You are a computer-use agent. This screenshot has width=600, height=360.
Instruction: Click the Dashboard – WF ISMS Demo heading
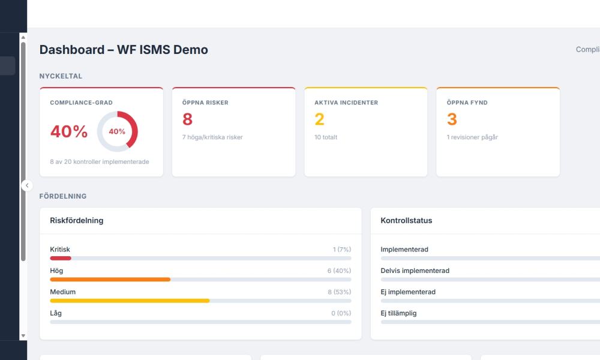(x=124, y=50)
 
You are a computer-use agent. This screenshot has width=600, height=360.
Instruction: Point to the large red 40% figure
(x=68, y=132)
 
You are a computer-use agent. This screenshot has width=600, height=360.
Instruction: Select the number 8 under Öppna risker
(x=187, y=119)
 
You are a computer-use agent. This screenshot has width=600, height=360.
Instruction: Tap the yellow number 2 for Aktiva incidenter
(x=319, y=119)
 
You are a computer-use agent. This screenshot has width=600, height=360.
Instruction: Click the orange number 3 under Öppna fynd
(x=452, y=119)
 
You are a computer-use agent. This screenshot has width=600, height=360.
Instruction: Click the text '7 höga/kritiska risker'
(x=212, y=137)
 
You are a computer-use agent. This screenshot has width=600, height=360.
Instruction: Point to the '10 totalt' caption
(x=326, y=137)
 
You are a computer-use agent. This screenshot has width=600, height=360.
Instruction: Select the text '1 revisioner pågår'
(x=472, y=137)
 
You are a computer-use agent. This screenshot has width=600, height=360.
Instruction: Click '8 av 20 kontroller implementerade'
(x=100, y=162)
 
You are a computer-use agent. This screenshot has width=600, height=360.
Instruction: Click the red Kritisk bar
(x=61, y=258)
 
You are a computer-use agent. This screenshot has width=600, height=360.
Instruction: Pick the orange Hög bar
(x=110, y=280)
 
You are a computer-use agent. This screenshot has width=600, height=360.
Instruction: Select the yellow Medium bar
(x=130, y=301)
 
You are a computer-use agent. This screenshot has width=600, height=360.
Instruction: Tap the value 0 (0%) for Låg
(x=341, y=313)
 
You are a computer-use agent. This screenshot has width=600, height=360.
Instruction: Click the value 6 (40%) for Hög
(x=339, y=271)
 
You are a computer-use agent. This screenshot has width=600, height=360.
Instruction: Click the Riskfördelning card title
(x=76, y=220)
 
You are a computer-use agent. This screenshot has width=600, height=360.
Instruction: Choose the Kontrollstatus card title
(x=406, y=220)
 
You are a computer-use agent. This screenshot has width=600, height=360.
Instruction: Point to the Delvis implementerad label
(x=415, y=271)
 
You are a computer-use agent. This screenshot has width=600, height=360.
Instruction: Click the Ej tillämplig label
(x=398, y=313)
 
